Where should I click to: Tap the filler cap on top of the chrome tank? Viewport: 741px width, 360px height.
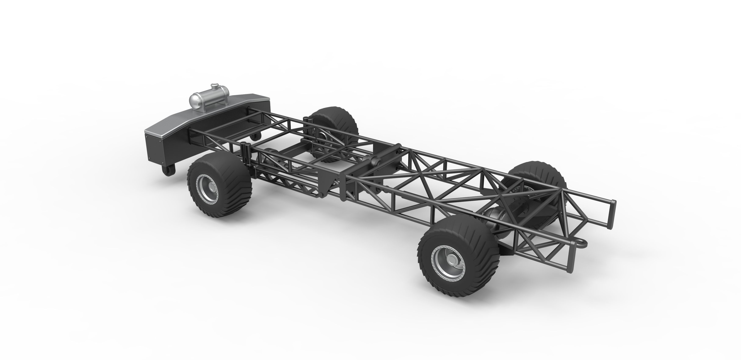(214, 86)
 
